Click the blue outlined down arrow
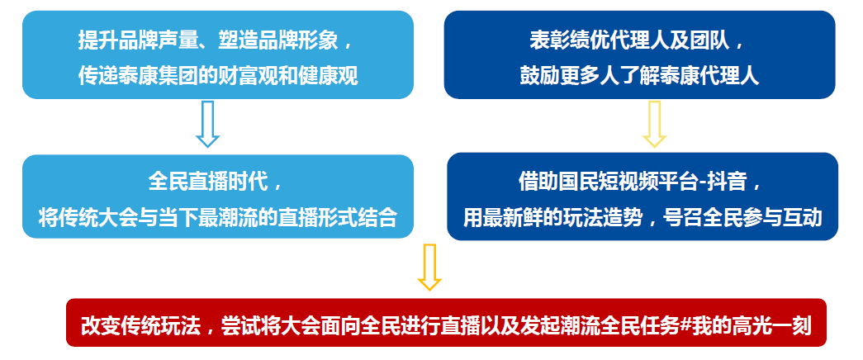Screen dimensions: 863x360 207,124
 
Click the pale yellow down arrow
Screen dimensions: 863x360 654,124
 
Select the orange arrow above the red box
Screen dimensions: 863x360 429,268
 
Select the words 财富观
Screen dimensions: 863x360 246,75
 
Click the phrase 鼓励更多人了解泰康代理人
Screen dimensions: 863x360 639,75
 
